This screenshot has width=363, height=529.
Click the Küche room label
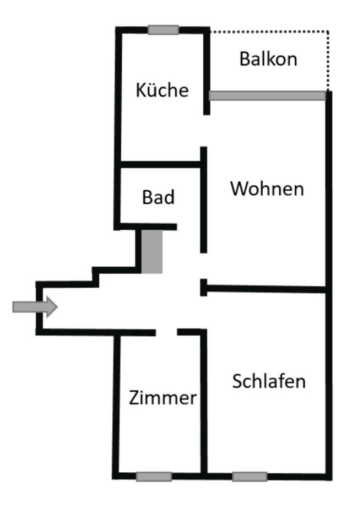(x=162, y=90)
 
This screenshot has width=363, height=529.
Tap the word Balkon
(x=268, y=59)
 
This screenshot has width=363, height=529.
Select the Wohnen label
(x=267, y=188)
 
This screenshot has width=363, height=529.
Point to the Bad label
(x=158, y=197)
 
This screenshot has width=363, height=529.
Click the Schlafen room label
(x=268, y=381)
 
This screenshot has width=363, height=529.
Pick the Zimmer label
(x=162, y=397)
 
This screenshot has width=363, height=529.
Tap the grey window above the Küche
(x=163, y=30)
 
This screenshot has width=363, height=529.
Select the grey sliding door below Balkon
(x=267, y=96)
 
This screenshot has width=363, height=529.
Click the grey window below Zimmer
(x=154, y=477)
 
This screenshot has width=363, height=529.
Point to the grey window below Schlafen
(x=250, y=477)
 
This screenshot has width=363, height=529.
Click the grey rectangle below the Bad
(x=152, y=251)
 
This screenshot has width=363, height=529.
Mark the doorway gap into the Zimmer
(x=166, y=332)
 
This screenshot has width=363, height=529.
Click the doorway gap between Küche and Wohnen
(x=205, y=131)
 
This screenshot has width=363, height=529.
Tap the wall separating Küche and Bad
(x=160, y=164)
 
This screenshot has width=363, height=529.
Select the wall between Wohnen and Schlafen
(x=267, y=289)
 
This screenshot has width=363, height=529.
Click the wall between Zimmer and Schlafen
(x=203, y=402)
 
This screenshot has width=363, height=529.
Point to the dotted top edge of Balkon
(x=269, y=31)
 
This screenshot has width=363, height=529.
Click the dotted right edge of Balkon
(x=328, y=61)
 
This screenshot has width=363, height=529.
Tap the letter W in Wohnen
(x=239, y=188)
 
